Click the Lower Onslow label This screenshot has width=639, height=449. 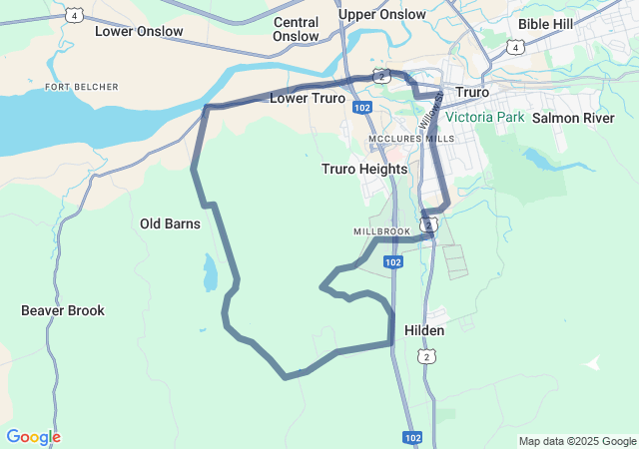(139, 31)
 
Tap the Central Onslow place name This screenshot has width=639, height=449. (296, 29)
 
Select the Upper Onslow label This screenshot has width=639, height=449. (381, 15)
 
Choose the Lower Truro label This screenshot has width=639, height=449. (308, 99)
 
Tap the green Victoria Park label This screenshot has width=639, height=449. (484, 117)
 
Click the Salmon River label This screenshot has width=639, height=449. (573, 118)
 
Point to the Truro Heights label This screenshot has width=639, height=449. (364, 169)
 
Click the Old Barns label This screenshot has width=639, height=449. (170, 224)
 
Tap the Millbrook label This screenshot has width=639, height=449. (381, 231)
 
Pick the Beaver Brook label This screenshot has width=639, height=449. (63, 310)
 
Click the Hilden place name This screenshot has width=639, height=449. (424, 329)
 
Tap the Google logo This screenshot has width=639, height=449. (33, 437)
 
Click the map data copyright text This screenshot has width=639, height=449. (576, 441)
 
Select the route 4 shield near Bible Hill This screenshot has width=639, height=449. (514, 47)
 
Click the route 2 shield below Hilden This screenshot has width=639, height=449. (427, 356)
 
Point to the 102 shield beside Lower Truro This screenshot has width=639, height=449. (362, 107)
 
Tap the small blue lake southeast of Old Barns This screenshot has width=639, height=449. (210, 272)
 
